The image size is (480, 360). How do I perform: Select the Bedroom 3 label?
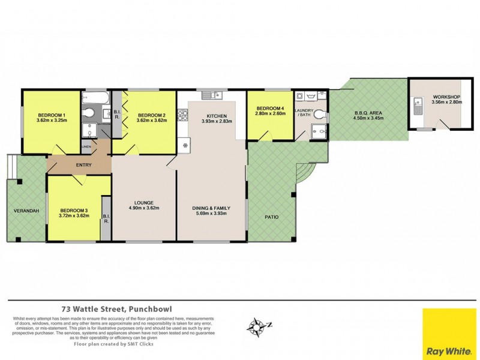click(74, 210)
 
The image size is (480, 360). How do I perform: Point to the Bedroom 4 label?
click(269, 108)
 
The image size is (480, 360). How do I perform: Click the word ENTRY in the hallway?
click(83, 164)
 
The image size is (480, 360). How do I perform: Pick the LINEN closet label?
click(87, 146)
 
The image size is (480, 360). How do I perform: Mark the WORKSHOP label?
click(445, 97)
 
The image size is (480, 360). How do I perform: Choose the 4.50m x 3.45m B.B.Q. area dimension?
click(368, 118)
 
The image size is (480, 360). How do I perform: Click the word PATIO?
click(271, 217)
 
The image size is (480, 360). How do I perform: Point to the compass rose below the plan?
click(257, 327)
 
